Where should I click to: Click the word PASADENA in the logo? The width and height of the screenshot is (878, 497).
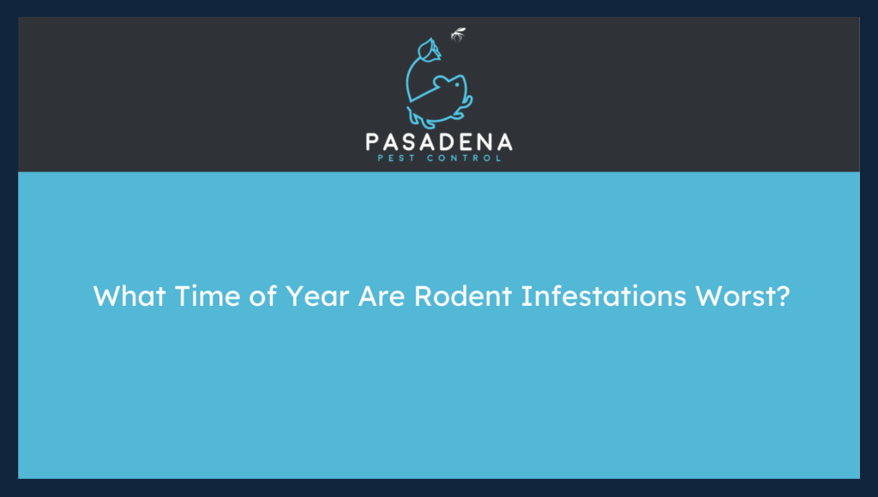coord(438,141)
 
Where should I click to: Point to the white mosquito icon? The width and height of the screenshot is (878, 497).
coord(459,35)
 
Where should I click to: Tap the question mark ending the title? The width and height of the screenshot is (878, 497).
coord(780,296)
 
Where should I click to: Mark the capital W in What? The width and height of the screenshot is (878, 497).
coord(105,296)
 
